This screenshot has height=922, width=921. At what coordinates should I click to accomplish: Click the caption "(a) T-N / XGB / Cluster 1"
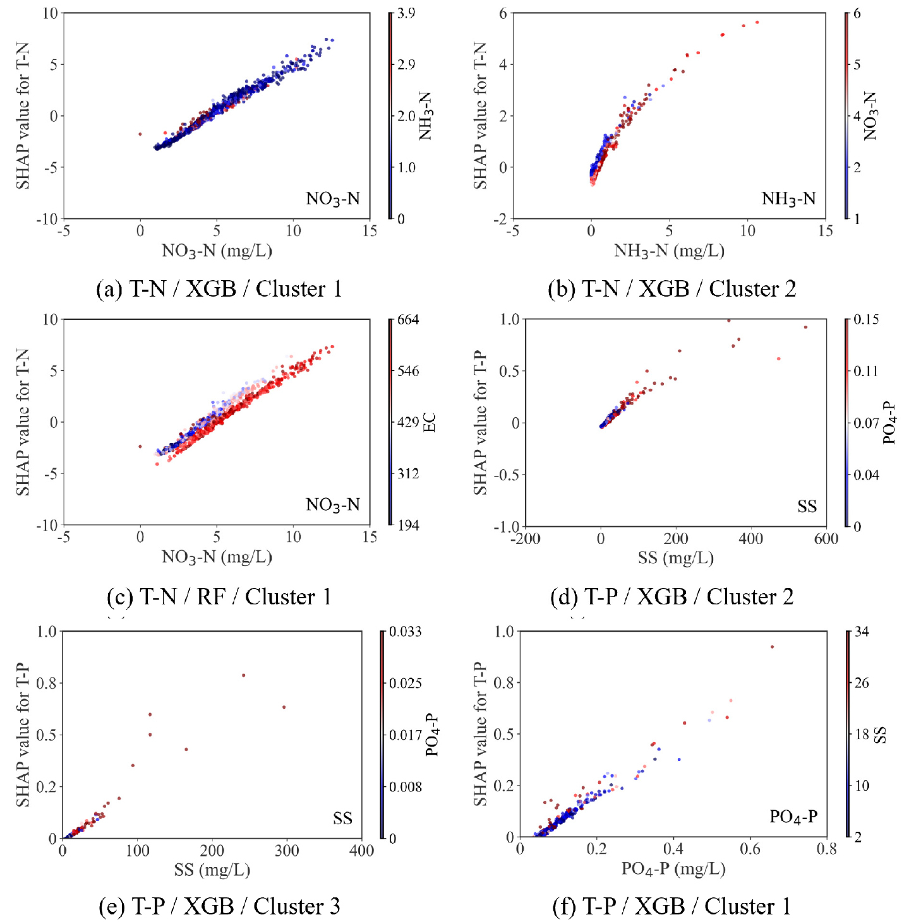[219, 289]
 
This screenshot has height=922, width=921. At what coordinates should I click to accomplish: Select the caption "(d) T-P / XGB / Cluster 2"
[671, 596]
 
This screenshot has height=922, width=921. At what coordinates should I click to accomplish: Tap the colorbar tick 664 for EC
[408, 319]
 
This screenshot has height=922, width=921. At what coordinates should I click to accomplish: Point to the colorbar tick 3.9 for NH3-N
[406, 13]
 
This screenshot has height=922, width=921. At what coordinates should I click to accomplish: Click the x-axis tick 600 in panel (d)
[826, 539]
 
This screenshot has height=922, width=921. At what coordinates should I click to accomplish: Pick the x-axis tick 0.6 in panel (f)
[750, 849]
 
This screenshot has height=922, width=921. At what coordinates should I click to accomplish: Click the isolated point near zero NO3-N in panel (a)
[140, 134]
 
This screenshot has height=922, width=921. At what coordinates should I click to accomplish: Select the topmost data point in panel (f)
[772, 647]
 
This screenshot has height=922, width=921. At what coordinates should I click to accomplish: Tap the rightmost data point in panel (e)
[284, 707]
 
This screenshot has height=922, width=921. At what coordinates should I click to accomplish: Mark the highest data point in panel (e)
[243, 675]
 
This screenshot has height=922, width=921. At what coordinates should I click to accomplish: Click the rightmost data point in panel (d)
[805, 327]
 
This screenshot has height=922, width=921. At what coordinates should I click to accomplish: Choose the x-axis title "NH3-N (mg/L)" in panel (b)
[669, 251]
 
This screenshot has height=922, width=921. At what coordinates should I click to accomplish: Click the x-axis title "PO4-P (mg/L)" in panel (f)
[673, 869]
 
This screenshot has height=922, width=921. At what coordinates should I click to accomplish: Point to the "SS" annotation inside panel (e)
[342, 819]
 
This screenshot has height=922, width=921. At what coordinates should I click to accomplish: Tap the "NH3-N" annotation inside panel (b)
[788, 199]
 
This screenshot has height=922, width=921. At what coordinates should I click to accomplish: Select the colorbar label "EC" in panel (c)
[430, 422]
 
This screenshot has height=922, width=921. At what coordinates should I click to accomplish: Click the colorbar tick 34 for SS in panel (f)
[862, 632]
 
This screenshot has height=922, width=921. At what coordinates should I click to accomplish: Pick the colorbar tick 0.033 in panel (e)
[406, 632]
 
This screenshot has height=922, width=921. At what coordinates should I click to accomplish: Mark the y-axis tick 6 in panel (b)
[503, 13]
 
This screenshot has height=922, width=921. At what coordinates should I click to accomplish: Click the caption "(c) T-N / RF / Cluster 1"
[219, 596]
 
